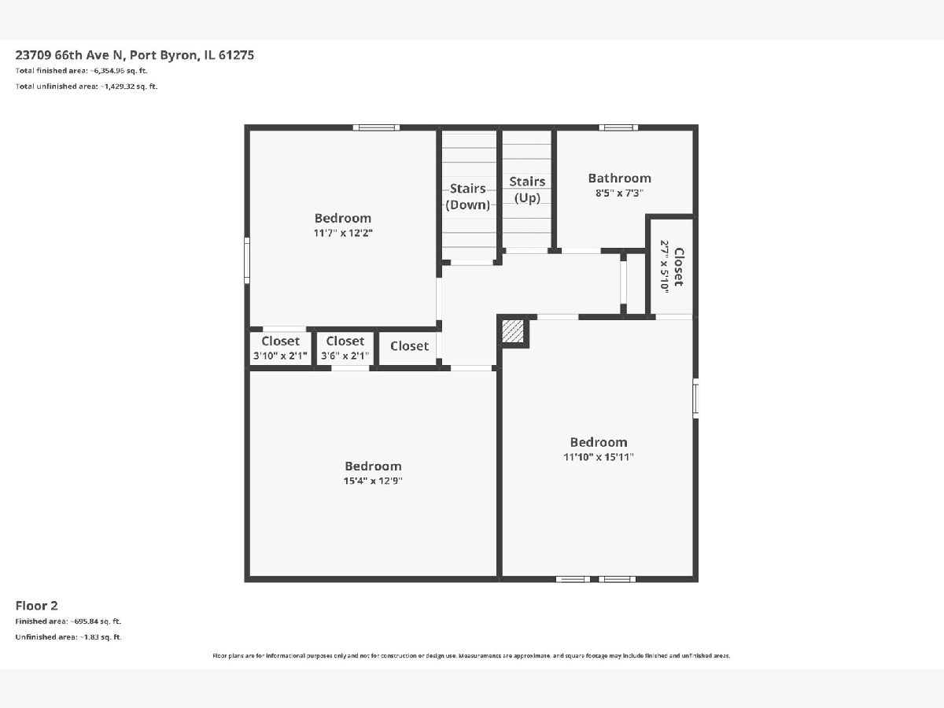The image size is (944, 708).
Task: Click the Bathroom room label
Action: click(x=619, y=178)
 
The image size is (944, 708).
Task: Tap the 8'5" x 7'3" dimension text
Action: click(x=619, y=193)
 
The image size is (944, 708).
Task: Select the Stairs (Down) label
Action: click(x=467, y=197)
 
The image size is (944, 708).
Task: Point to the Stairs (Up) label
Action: click(x=527, y=190)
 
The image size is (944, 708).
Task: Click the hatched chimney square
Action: click(x=513, y=331)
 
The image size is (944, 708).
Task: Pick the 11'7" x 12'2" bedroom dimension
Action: click(x=343, y=233)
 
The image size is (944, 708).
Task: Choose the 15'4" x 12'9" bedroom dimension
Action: click(x=373, y=481)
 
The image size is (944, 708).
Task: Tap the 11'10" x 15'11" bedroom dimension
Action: click(x=598, y=457)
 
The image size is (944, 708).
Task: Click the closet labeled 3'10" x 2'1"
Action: click(x=280, y=348)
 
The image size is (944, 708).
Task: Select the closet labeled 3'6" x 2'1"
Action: click(x=345, y=348)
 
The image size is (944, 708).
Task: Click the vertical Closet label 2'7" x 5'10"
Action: click(x=672, y=267)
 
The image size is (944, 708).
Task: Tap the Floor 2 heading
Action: click(x=36, y=606)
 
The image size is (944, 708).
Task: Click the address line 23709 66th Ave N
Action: click(x=70, y=55)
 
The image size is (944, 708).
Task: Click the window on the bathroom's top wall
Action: click(x=618, y=127)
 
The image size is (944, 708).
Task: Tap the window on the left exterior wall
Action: click(x=247, y=260)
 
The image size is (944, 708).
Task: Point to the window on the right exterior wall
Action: click(x=695, y=398)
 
